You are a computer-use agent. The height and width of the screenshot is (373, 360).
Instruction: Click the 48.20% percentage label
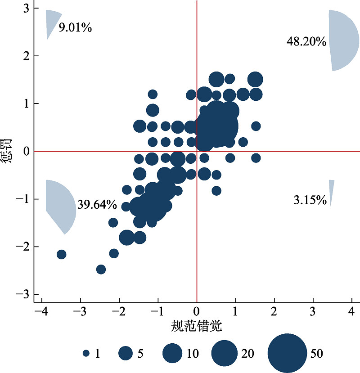tap(306, 42)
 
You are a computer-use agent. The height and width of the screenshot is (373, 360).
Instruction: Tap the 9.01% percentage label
tap(76, 28)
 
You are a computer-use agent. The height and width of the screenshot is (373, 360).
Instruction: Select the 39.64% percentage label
tap(97, 205)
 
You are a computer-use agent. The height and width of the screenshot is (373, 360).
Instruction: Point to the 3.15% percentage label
tap(310, 201)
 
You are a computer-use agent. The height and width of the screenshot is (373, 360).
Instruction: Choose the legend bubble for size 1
tap(86, 354)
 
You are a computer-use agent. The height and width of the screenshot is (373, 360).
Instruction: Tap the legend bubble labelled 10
tap(172, 354)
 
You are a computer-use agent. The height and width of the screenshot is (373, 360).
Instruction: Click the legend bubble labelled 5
tap(126, 354)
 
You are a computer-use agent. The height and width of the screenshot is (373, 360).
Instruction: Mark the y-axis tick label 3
tap(26, 9)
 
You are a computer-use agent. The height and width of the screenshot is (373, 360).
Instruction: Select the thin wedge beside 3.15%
tap(331, 189)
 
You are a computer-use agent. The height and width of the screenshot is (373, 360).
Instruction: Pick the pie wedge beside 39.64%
tap(60, 205)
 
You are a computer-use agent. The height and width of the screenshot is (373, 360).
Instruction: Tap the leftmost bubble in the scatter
tap(61, 255)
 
